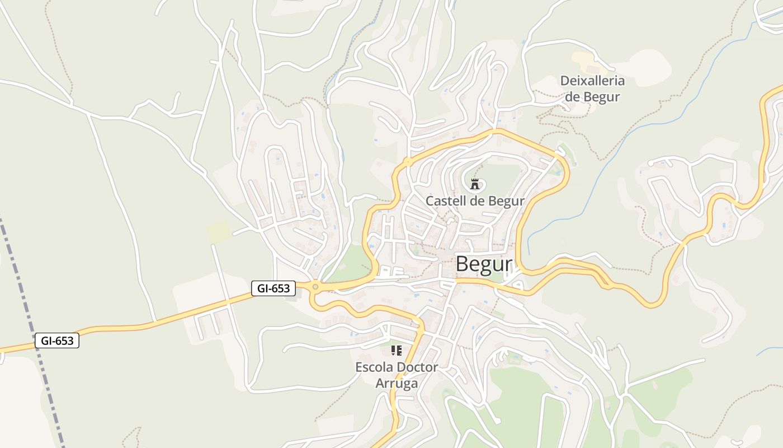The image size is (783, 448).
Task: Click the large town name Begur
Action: pos(484,264)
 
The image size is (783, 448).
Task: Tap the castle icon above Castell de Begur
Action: pos(475,183)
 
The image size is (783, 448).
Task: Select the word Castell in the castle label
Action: pos(445,200)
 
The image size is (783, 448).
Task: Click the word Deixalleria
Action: pos(592,81)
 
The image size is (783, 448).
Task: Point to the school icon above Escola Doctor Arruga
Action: pos(397,351)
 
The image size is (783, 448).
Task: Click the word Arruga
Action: pos(397,384)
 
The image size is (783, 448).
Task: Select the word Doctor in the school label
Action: pos(417,368)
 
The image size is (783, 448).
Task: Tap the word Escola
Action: pos(374,368)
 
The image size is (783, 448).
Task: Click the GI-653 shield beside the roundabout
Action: pos(273,288)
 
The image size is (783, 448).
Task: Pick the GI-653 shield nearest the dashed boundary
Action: pos(57,340)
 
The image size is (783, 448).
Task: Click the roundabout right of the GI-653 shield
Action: pos(315,287)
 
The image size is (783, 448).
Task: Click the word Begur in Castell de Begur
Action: pos(506,200)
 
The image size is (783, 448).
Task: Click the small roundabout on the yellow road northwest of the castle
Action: pos(408,162)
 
